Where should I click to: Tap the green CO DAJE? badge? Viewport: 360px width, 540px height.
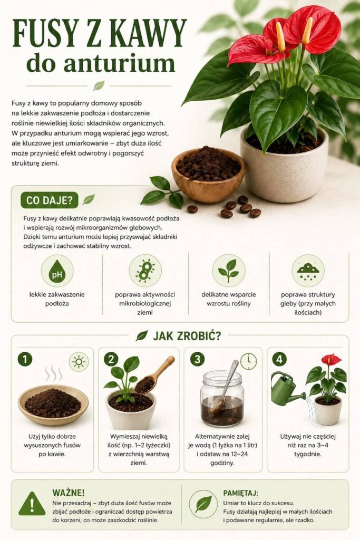point(50,200)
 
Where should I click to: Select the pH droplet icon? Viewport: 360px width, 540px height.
point(57,271)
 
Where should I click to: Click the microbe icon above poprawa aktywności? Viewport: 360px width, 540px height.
point(145,271)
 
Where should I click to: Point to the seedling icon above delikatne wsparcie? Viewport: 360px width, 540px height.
point(229,271)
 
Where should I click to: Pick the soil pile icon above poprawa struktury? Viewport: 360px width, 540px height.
point(308,271)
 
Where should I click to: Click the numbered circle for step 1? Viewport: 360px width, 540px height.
point(25,359)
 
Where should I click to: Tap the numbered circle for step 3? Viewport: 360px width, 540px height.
point(197,359)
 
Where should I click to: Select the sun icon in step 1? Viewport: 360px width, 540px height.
point(79,362)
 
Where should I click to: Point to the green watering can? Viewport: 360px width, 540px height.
point(285,389)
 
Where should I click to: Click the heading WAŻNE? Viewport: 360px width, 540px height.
point(69,493)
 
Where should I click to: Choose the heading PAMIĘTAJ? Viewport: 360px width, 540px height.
point(240,493)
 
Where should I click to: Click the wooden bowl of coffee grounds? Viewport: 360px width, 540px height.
point(208,175)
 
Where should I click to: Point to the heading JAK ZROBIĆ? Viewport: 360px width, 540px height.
point(187,335)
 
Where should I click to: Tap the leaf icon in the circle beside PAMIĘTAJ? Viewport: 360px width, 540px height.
point(203,504)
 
